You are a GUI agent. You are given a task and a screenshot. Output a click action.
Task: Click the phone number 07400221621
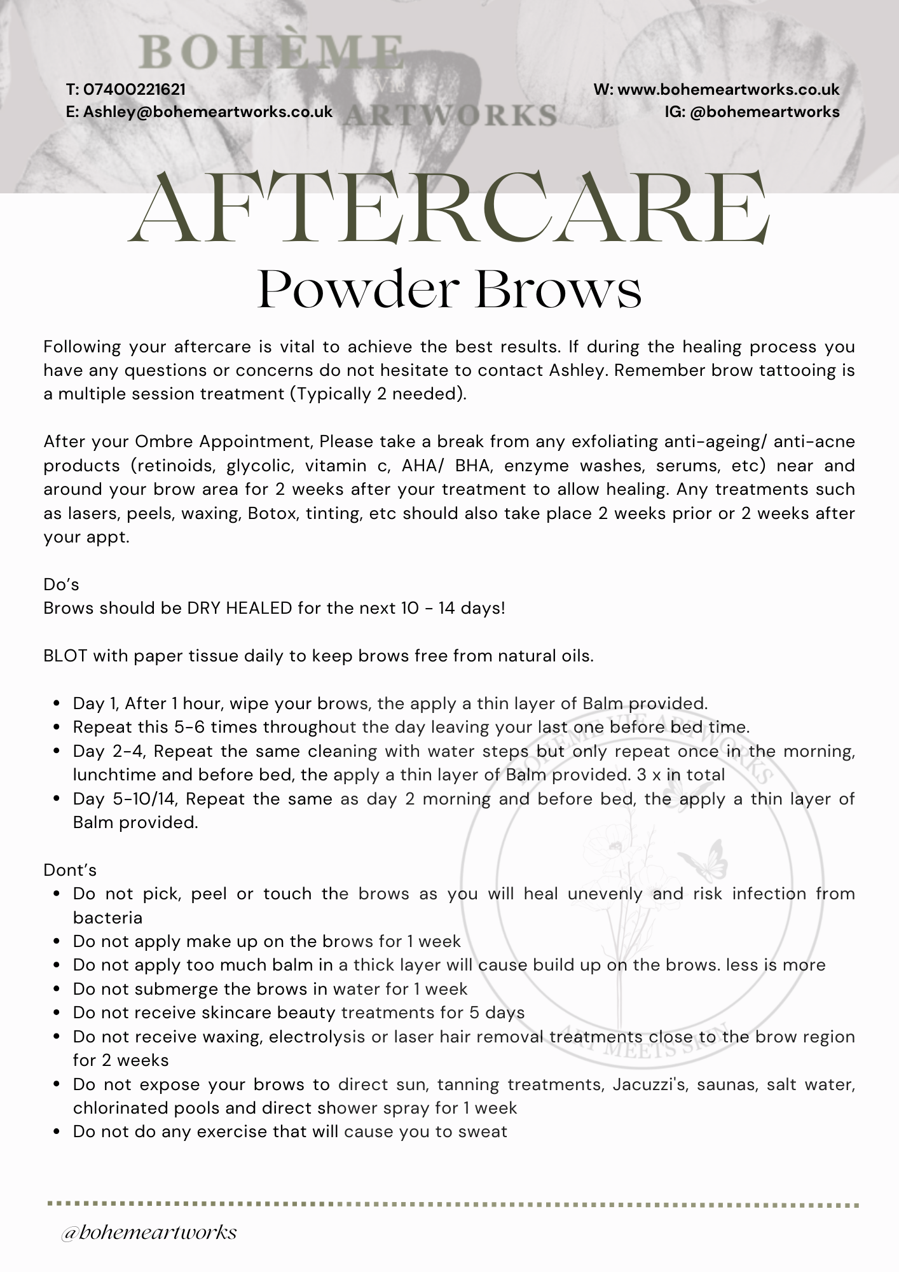pos(134,90)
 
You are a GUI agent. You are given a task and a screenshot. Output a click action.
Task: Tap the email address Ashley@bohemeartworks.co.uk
pos(208,112)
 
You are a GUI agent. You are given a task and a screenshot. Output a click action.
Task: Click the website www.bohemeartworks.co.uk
pos(728,90)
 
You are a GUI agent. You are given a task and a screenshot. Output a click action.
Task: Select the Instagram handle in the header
pos(764,112)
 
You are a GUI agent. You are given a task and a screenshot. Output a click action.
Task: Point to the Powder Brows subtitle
pos(449,289)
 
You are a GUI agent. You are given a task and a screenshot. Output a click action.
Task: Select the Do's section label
pos(61,584)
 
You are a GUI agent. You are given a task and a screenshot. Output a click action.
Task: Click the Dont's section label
pos(70,869)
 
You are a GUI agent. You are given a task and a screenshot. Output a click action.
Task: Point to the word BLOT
pos(65,656)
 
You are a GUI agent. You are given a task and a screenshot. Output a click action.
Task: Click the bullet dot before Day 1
pos(57,704)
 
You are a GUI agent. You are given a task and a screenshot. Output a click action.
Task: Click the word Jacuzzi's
pos(650,1084)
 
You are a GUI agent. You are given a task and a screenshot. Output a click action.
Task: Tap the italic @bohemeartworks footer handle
pos(149,1232)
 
